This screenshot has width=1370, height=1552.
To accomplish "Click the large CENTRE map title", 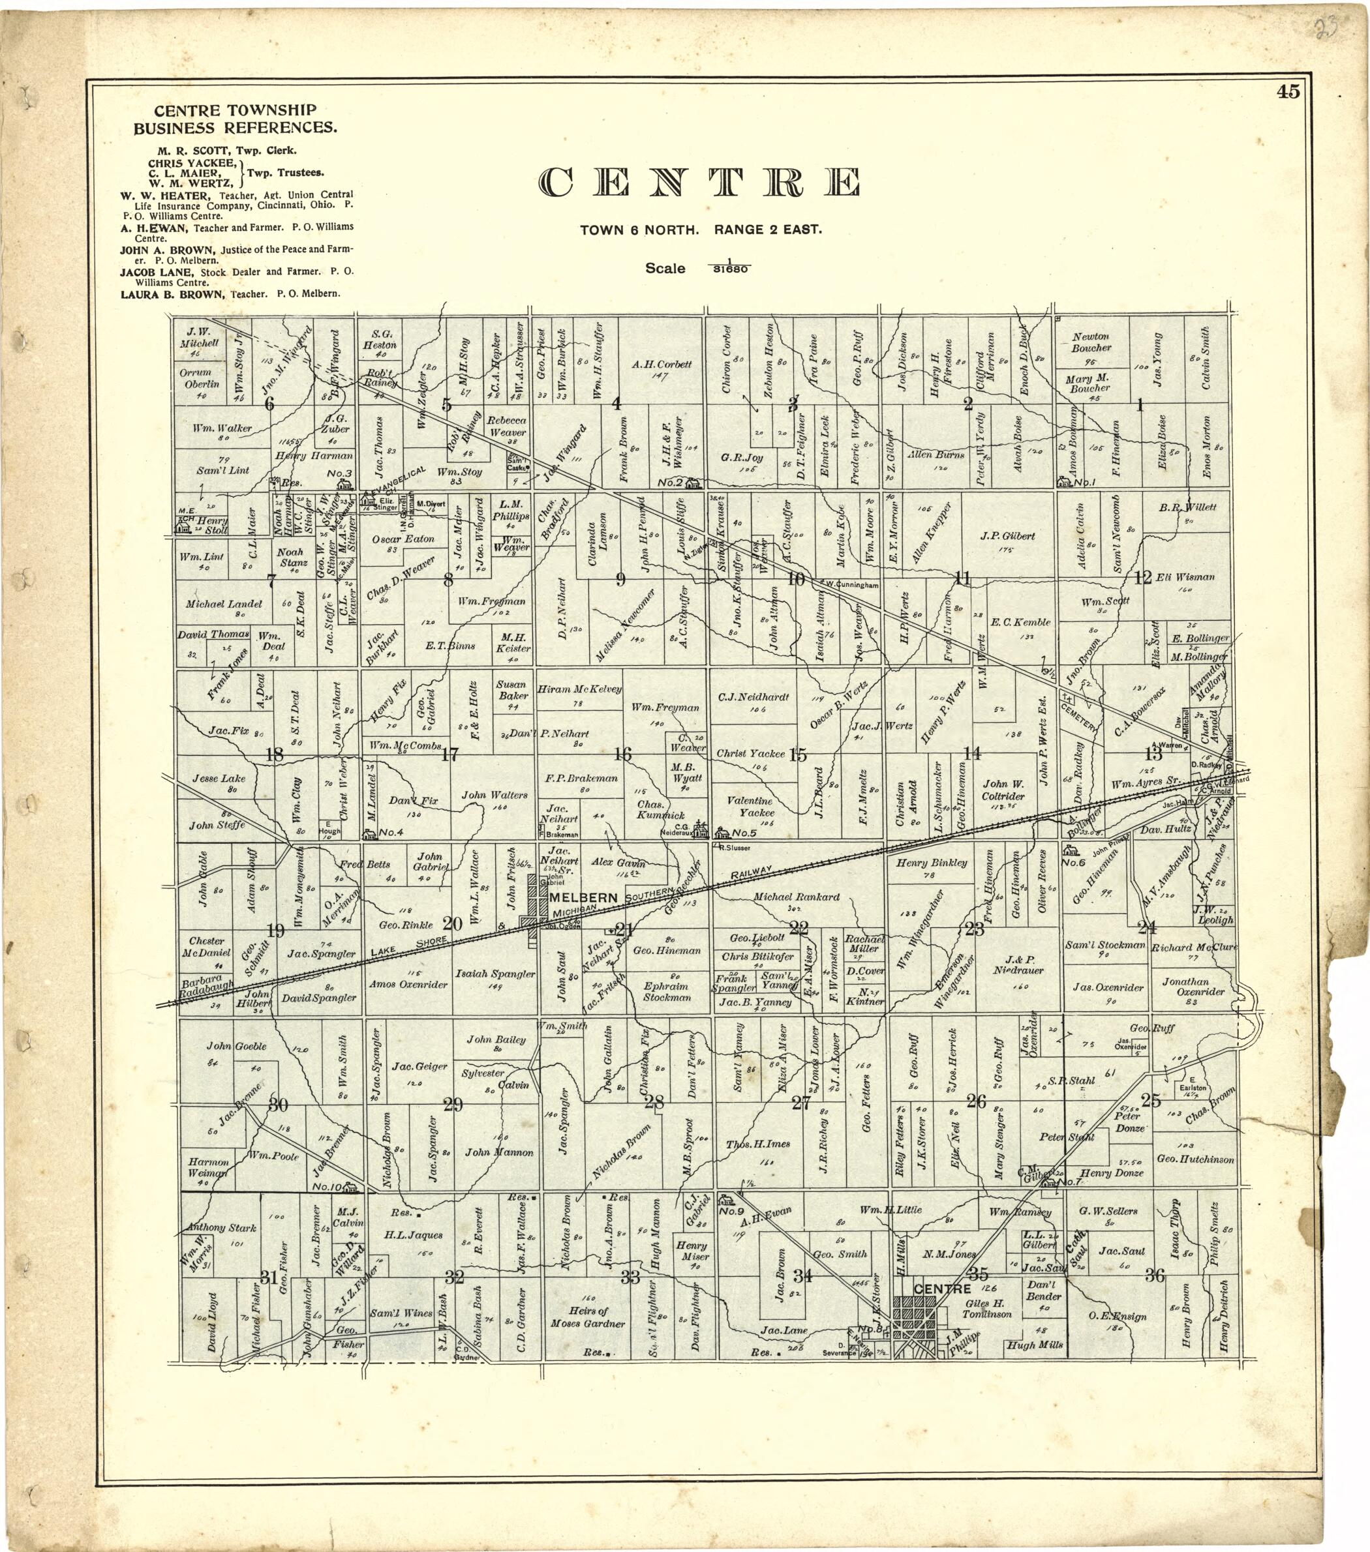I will (699, 183).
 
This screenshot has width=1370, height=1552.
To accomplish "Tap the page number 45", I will (1288, 92).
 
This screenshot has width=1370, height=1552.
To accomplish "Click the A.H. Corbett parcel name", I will (662, 365).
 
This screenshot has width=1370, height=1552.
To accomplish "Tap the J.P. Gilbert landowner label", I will (1007, 536).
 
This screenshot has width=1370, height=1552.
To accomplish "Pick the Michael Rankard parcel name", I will (796, 897).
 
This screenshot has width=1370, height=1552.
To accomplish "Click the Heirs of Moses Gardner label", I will (588, 1317).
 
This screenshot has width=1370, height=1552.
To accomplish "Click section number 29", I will (453, 1104).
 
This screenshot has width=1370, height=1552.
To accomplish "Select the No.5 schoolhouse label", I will (744, 833).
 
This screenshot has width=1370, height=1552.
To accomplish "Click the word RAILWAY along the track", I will (752, 874).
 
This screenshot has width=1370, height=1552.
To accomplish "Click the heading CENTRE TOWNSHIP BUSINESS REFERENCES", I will (235, 119).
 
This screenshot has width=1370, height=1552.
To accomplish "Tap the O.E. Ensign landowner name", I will (1116, 1317).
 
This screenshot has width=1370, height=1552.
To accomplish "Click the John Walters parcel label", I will (495, 795).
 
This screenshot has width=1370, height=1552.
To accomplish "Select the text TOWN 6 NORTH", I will (639, 230).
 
